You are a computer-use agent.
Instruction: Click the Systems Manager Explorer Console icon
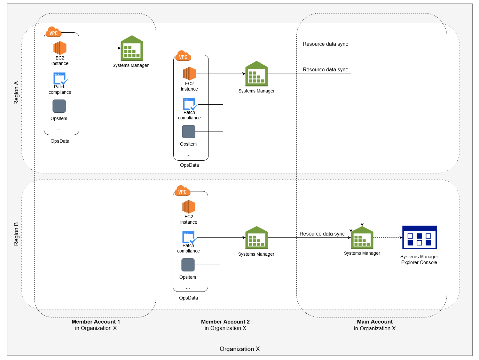tap(419, 237)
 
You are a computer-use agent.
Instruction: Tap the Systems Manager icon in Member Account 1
tap(132, 48)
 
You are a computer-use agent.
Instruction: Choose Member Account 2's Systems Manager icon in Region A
tap(256, 74)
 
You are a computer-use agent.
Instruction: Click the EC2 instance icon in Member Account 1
tap(60, 48)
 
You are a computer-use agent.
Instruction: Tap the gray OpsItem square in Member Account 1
tap(59, 106)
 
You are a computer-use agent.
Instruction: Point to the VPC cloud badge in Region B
tap(182, 191)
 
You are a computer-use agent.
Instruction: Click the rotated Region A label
tap(16, 93)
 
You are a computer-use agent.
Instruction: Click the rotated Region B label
tap(16, 234)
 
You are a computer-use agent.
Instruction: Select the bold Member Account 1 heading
tap(96, 322)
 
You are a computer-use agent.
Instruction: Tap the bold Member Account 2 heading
tap(225, 322)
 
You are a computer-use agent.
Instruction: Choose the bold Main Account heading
tap(375, 322)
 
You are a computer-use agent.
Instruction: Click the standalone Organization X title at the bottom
tap(239, 349)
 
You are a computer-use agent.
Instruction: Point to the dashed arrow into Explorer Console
tap(388, 238)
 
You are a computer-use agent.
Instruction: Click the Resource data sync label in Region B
tap(322, 234)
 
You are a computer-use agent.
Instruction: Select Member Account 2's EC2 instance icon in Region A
tap(189, 74)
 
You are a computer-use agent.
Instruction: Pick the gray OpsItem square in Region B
tap(188, 265)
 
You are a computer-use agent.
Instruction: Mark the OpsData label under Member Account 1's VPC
tap(60, 141)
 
